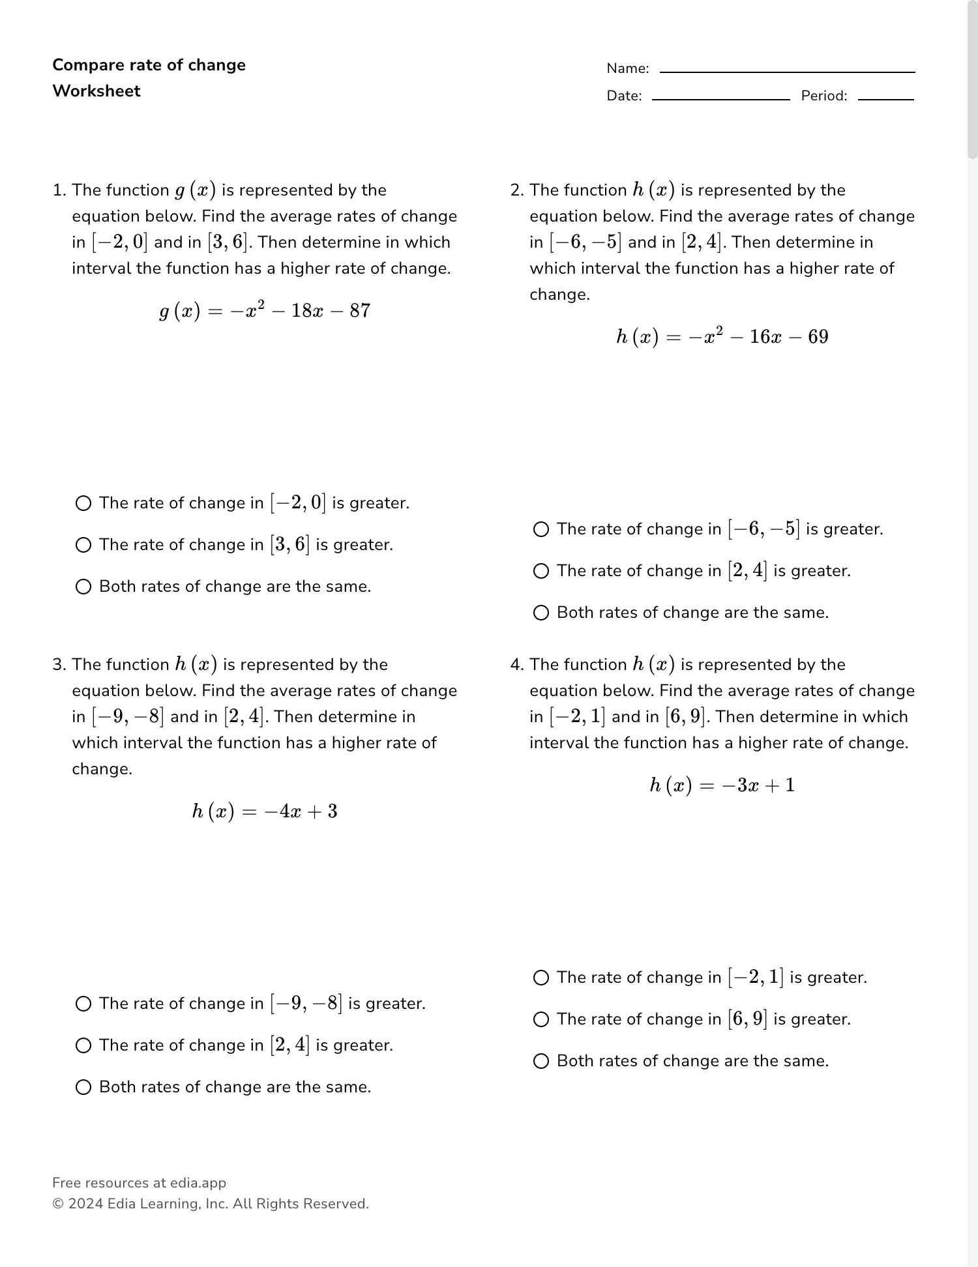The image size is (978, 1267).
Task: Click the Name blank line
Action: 787,72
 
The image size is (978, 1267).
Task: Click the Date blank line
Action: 720,99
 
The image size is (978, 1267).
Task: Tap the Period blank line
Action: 885,99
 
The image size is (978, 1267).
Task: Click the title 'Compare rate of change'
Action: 149,65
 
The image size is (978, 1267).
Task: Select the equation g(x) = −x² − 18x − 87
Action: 265,311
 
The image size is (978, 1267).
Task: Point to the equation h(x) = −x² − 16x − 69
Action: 722,337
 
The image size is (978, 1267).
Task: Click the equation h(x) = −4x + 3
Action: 265,811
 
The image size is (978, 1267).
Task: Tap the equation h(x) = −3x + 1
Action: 722,785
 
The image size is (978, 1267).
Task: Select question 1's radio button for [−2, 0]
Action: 83,503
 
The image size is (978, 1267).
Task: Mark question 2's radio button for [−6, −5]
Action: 541,529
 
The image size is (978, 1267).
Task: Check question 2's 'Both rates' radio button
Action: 541,613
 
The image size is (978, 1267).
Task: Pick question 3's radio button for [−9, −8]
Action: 83,1004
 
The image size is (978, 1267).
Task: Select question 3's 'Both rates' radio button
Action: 83,1087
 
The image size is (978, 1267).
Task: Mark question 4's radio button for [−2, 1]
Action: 541,978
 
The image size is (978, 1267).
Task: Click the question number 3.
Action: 58,665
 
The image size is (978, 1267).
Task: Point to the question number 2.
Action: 516,190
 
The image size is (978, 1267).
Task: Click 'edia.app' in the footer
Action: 198,1183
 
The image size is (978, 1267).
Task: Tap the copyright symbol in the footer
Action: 57,1204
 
